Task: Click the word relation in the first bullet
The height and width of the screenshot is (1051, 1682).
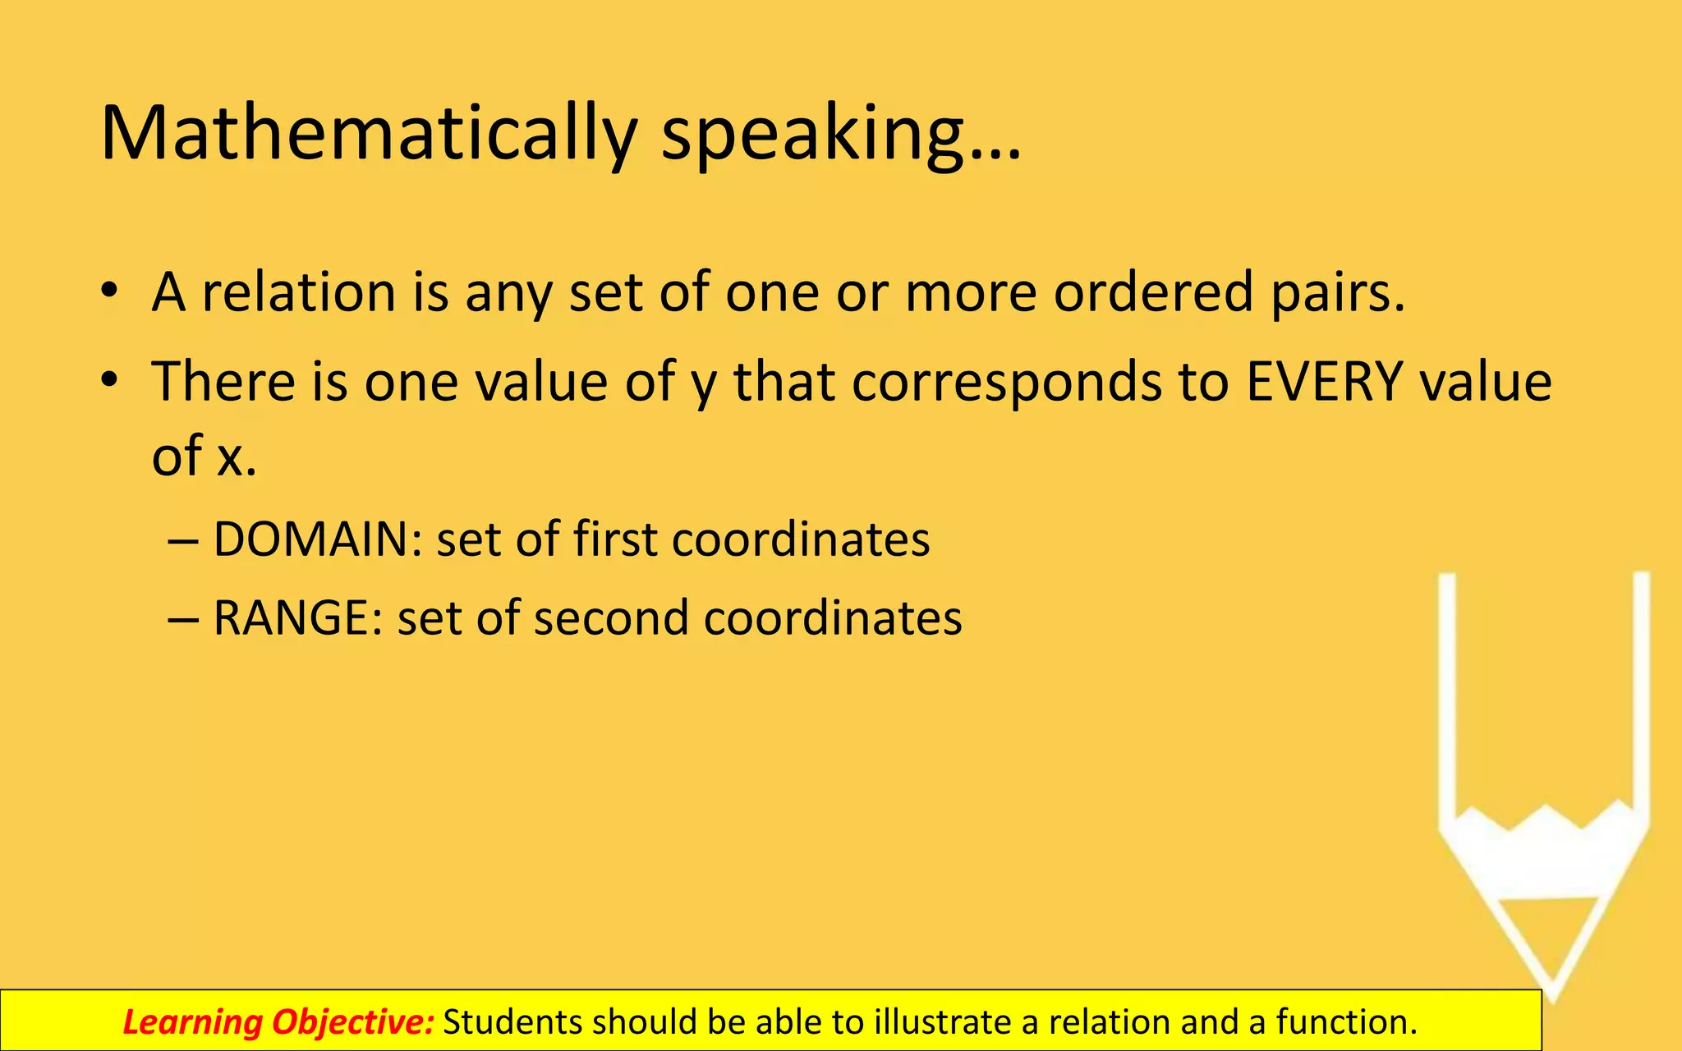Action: click(299, 292)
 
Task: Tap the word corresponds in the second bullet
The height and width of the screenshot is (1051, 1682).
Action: click(1007, 383)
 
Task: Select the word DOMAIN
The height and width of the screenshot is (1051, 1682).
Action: click(317, 540)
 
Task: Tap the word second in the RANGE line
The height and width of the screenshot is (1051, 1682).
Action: click(610, 618)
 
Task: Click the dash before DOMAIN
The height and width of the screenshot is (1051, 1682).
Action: click(182, 542)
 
